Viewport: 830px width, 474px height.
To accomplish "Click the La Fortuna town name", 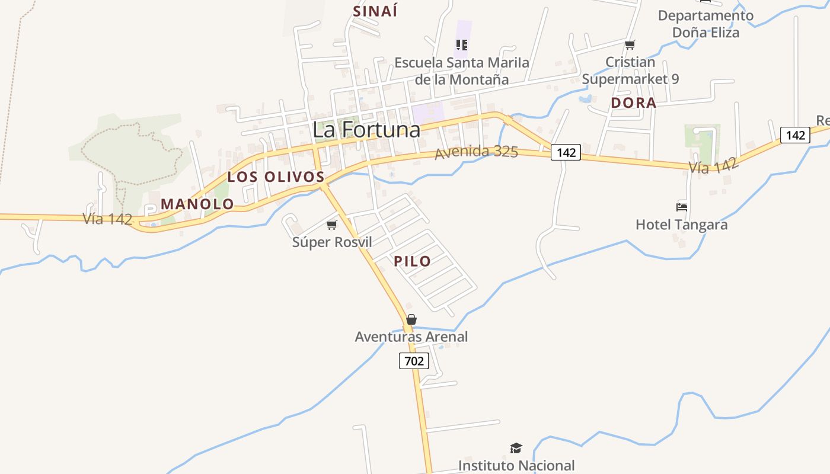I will pos(366,130).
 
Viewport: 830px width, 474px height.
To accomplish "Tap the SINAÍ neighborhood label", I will pos(375,11).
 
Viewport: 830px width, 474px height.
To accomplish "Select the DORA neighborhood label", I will pos(633,103).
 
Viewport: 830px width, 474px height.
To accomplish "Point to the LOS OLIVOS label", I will pos(276,177).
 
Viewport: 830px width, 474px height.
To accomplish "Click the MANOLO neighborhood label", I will pos(197,204).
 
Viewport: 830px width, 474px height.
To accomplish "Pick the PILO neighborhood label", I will pos(412,261).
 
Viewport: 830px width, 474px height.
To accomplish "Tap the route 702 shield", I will pos(414,360).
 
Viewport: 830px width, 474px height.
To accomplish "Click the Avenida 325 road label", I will pos(477,152).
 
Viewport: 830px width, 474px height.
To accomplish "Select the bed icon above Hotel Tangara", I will pos(682,207).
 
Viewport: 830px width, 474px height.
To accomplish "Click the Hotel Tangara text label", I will pos(681,225).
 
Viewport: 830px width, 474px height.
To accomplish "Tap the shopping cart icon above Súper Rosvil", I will pos(332,225).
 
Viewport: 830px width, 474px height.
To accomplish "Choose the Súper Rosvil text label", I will pos(332,242).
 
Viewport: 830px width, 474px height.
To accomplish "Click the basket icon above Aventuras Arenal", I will pos(411,319).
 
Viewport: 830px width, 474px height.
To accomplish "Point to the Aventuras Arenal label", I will pos(411,337).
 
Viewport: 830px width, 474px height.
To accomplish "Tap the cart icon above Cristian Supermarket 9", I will pos(630,44).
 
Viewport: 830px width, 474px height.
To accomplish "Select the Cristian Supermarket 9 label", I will pos(630,70).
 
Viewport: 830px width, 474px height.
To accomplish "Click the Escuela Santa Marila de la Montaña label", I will pos(462,71).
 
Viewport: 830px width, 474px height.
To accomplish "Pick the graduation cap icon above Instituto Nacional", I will pos(516,449).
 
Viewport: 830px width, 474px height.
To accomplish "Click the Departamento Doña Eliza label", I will pos(705,24).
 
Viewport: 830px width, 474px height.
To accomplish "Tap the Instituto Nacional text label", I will pos(516,466).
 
